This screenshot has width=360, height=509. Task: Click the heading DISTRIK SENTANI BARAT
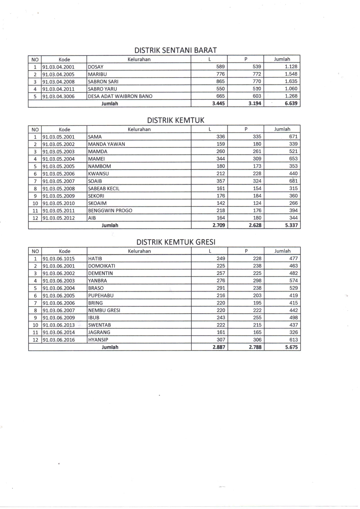(x=175, y=50)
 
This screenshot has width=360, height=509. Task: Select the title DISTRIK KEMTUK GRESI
(x=176, y=242)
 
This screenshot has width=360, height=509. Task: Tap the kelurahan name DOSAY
(x=96, y=67)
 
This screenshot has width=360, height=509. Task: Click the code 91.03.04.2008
(x=58, y=82)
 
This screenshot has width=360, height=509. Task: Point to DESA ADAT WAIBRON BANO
(x=120, y=96)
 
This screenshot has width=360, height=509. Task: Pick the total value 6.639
(x=291, y=103)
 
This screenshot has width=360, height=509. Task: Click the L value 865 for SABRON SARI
(x=220, y=81)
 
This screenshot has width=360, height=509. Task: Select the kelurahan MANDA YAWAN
(x=106, y=144)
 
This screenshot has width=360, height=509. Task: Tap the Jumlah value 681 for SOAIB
(x=293, y=181)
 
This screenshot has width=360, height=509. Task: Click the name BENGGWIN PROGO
(x=110, y=211)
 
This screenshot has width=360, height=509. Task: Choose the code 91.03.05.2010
(x=59, y=203)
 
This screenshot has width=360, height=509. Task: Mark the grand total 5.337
(x=291, y=225)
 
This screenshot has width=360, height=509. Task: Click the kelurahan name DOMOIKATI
(x=102, y=266)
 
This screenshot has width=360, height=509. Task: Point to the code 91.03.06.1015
(x=59, y=258)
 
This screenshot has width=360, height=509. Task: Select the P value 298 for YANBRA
(x=257, y=280)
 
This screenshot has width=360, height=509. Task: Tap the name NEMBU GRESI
(x=104, y=310)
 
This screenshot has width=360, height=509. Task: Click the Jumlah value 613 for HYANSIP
(x=294, y=340)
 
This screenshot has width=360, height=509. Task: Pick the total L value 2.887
(x=219, y=347)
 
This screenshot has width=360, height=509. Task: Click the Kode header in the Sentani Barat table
(x=64, y=60)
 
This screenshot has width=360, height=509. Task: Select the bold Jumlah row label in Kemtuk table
(x=110, y=225)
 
